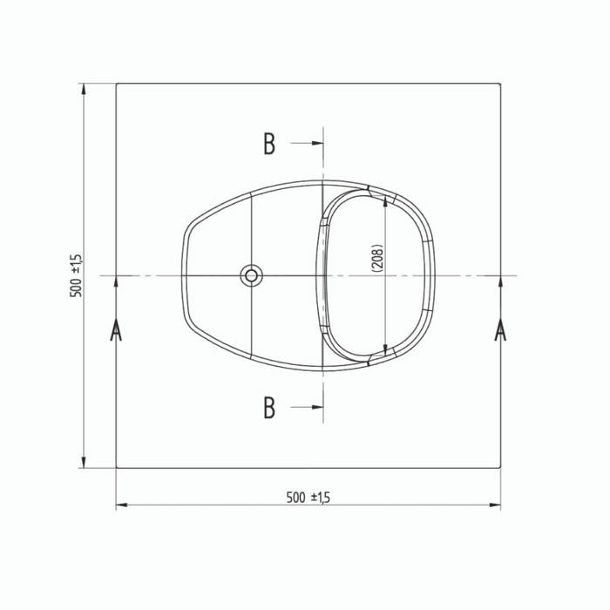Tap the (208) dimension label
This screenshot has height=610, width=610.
coord(377,258)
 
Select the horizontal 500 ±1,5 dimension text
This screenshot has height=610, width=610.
coord(308,498)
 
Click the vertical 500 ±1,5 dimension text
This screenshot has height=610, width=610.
coord(76,276)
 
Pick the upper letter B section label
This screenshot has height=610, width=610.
coord(269,144)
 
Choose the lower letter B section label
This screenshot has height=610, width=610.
coord(269,407)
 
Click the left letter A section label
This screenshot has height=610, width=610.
coord(116,330)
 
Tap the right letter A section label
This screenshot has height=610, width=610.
coord(500,330)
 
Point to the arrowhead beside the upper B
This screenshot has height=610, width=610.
coord(317,143)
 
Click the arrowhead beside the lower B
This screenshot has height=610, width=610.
coord(317,407)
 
